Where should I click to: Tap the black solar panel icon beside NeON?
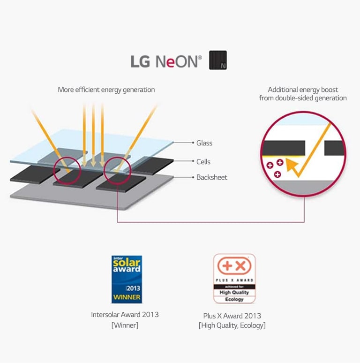click(x=218, y=60)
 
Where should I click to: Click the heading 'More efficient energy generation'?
click(x=106, y=90)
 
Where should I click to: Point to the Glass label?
click(x=204, y=143)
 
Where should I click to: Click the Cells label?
click(x=203, y=162)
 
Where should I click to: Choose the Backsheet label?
click(x=211, y=177)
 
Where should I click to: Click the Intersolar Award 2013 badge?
click(x=127, y=279)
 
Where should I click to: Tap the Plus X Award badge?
click(x=234, y=279)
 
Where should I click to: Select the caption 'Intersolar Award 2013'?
click(x=125, y=315)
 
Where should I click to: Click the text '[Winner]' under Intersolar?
click(x=125, y=325)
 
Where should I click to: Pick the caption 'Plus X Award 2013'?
click(x=232, y=316)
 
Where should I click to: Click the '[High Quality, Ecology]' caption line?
click(x=232, y=325)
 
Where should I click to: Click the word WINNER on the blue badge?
click(x=127, y=297)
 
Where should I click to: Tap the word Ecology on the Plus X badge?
click(x=234, y=299)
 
